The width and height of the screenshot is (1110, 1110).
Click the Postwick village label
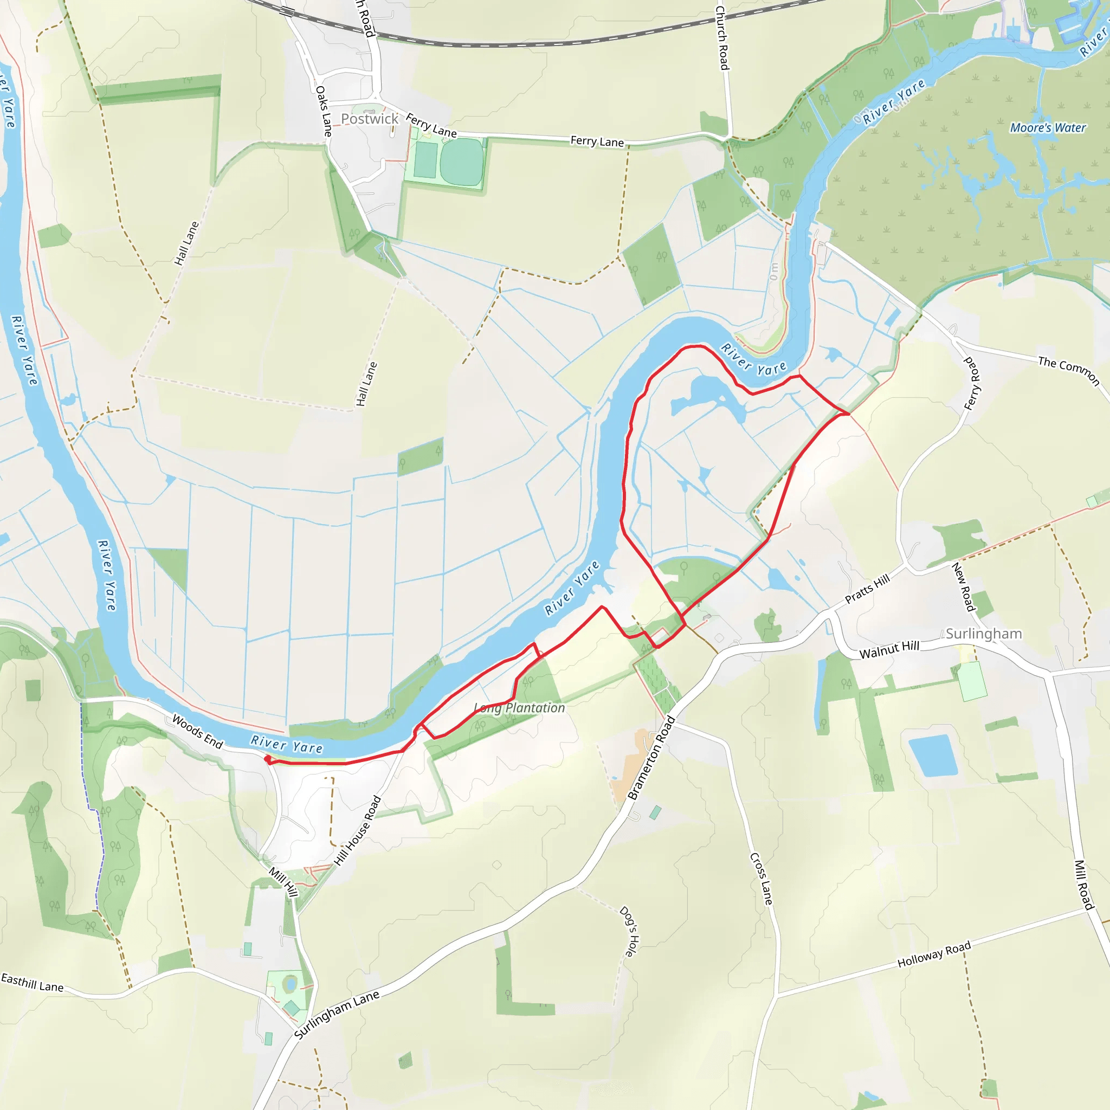point(370,119)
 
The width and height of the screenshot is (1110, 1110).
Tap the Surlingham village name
point(984,634)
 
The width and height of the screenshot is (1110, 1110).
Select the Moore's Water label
point(1048,127)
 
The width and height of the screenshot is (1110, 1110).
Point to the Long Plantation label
point(519,708)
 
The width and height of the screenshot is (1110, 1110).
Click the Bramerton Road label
point(651,758)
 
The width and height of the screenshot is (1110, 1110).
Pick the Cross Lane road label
point(761,879)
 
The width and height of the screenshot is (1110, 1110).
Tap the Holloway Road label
point(934,954)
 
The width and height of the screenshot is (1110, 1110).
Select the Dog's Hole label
point(629,931)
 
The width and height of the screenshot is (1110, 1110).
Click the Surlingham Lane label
point(337,1015)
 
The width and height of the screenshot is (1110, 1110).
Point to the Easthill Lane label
point(32,983)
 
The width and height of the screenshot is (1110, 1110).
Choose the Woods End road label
point(198,731)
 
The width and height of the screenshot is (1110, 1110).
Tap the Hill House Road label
point(358,830)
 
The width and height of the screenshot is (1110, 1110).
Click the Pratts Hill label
point(867,589)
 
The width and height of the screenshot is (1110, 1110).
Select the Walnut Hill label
point(889,650)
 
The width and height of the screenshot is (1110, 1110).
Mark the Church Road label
point(722,38)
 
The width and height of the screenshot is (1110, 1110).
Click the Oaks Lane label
point(324,111)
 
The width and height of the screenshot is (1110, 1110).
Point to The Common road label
point(1069,371)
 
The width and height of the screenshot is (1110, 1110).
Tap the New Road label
point(964,586)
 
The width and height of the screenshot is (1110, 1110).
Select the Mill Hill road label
point(284,882)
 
